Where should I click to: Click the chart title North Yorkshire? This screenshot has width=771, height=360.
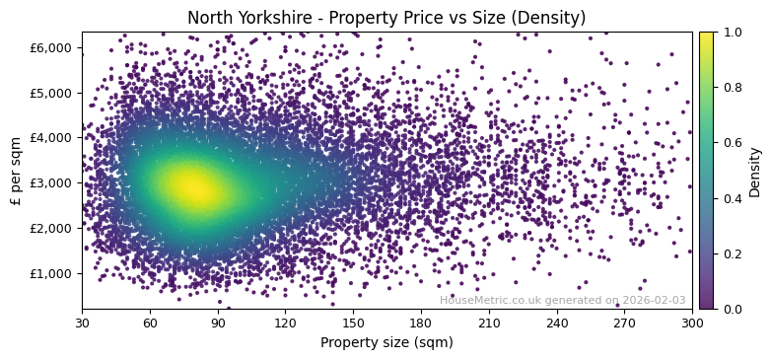(x=386, y=18)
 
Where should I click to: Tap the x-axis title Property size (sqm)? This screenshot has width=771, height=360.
(x=386, y=343)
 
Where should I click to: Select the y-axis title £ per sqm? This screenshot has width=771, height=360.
(x=16, y=170)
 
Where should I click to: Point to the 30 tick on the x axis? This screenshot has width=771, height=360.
(x=82, y=323)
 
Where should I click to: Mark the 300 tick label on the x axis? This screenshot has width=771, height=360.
(x=692, y=323)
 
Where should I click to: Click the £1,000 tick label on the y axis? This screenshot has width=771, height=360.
(x=55, y=273)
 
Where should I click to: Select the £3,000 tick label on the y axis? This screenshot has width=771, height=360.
(x=55, y=182)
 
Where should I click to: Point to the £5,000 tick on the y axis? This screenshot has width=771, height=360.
(x=55, y=93)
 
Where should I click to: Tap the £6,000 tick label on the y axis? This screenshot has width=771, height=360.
(x=55, y=47)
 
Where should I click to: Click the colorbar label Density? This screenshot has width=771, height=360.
(x=755, y=171)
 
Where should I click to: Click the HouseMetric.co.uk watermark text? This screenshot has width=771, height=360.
(x=562, y=300)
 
